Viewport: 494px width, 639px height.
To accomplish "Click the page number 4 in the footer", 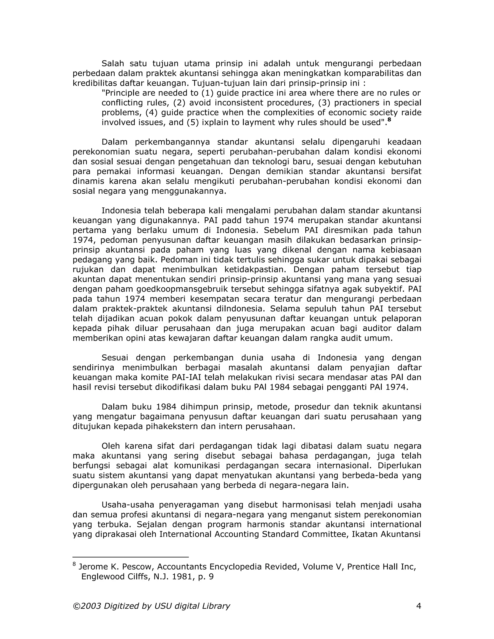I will point(419,606).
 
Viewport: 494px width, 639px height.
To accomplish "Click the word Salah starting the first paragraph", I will point(113,63).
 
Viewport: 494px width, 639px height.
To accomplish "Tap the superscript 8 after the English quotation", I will point(389,120).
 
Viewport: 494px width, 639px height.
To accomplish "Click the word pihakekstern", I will point(171,426).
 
